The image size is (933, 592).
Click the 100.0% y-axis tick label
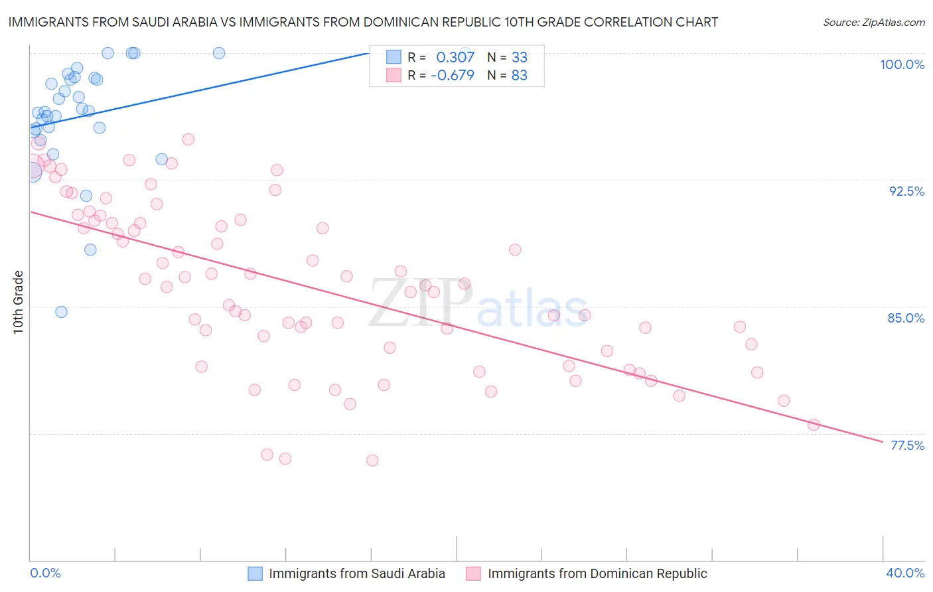[x=902, y=64]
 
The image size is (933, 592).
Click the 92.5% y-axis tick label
[x=906, y=191]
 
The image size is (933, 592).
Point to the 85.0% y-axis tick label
[x=906, y=318]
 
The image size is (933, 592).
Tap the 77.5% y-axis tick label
[x=907, y=445]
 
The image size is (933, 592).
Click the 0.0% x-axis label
[x=45, y=573]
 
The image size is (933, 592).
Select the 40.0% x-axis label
[x=904, y=573]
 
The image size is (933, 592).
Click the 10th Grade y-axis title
[x=18, y=302]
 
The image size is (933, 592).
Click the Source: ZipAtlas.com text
[x=873, y=23]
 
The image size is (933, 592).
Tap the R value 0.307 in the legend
[x=455, y=58]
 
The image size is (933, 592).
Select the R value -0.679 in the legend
[x=452, y=76]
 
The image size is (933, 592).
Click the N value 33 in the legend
[x=519, y=58]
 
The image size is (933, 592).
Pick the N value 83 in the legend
[x=519, y=76]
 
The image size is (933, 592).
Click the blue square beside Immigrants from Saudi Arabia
[x=255, y=573]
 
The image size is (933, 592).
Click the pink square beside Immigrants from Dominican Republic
[x=473, y=573]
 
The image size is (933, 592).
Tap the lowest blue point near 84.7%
[x=61, y=312]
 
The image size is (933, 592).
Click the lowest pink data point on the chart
[x=372, y=461]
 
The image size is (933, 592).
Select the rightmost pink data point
[x=814, y=425]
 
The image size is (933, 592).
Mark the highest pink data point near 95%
[x=188, y=139]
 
